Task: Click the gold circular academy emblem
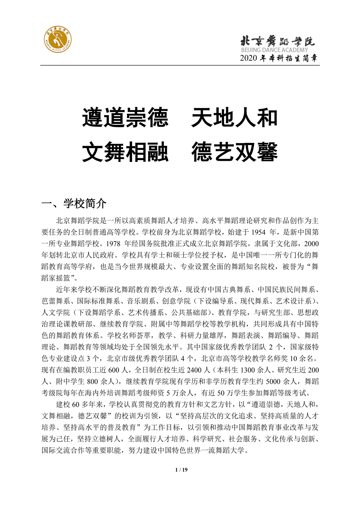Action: (x=58, y=39)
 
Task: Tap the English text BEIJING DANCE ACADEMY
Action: (x=274, y=50)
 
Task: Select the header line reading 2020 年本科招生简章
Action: (x=278, y=58)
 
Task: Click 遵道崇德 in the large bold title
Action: (x=125, y=118)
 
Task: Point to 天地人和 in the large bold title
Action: (x=234, y=118)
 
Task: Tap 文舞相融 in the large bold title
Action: (x=125, y=152)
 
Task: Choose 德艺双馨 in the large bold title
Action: (x=234, y=152)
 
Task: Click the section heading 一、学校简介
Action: (x=74, y=203)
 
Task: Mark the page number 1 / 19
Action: (x=181, y=470)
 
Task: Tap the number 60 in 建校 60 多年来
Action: (x=76, y=405)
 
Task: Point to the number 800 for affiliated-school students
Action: (x=92, y=382)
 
